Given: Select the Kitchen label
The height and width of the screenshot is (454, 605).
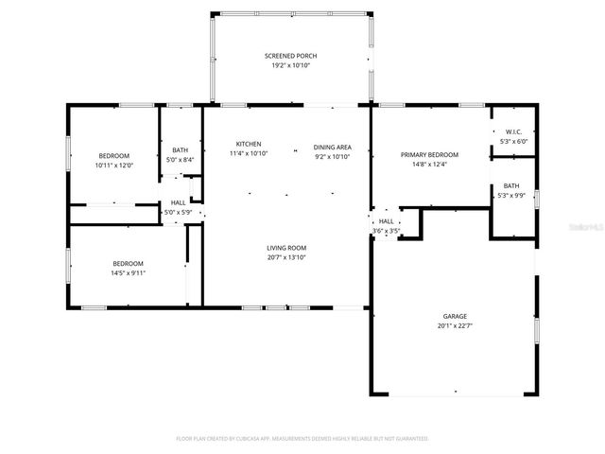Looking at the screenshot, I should tap(249, 144).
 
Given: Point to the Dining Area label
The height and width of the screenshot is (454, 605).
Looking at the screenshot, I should tap(333, 148).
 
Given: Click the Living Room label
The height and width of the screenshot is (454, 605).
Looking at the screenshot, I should tap(285, 248).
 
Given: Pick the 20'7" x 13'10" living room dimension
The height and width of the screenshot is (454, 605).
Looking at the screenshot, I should tap(285, 257).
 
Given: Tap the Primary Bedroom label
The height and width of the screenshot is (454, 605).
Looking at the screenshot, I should tap(429, 155).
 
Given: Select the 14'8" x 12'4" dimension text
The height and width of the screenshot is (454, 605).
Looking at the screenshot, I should tap(429, 165).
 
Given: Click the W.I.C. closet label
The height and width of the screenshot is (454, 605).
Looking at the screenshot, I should tap(513, 132).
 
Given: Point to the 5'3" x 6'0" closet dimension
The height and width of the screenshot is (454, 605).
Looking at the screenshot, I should tap(513, 142).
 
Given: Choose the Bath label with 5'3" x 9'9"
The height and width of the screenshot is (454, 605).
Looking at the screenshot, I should tap(511, 186).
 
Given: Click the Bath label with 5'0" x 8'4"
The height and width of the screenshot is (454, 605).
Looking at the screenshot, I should tap(180, 150).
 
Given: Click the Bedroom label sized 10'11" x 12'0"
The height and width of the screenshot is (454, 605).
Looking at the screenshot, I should tap(113, 155).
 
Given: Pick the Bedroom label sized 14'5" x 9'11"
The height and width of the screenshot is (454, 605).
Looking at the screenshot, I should tap(129, 263).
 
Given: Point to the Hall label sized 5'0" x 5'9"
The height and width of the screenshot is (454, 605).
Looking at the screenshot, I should tap(178, 202).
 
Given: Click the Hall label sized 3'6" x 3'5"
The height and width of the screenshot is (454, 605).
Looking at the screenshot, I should tap(387, 221).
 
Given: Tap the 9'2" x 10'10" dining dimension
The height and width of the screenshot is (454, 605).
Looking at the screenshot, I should tap(333, 157).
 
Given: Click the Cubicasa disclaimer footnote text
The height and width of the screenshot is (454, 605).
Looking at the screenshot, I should tap(302, 439).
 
